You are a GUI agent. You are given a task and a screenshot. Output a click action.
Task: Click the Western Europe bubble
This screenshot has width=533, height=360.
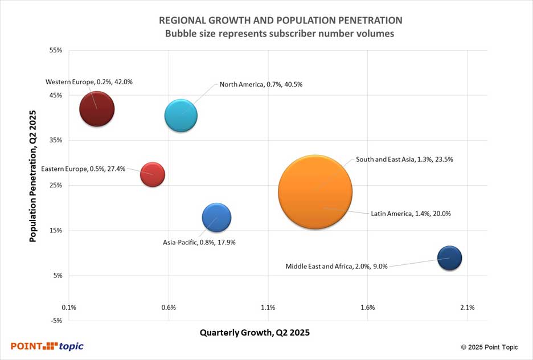(97, 109)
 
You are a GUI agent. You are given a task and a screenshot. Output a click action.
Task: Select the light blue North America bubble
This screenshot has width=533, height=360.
(181, 116)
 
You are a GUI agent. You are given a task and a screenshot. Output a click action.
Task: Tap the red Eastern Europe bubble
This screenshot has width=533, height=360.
(153, 174)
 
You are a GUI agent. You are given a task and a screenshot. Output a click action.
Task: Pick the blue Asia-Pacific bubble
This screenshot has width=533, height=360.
(216, 217)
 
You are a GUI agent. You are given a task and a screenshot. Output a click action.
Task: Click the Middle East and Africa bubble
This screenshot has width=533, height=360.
(449, 258)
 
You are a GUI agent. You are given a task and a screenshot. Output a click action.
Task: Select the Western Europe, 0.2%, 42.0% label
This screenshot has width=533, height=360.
(89, 82)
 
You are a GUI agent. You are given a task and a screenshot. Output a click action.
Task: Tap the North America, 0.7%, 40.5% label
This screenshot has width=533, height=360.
(261, 84)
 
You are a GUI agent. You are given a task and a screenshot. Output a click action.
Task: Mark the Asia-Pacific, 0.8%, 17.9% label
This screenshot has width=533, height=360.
(199, 242)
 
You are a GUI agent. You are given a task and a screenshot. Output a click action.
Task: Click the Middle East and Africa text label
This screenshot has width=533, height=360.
(337, 266)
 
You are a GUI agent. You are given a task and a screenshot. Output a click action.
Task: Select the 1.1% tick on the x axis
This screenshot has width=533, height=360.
(268, 308)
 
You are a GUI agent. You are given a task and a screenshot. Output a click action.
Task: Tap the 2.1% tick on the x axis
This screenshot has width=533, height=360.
(467, 308)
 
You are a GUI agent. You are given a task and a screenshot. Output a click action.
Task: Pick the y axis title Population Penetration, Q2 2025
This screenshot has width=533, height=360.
(33, 176)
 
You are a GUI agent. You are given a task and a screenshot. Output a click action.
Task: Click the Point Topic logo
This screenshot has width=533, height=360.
(47, 346)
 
